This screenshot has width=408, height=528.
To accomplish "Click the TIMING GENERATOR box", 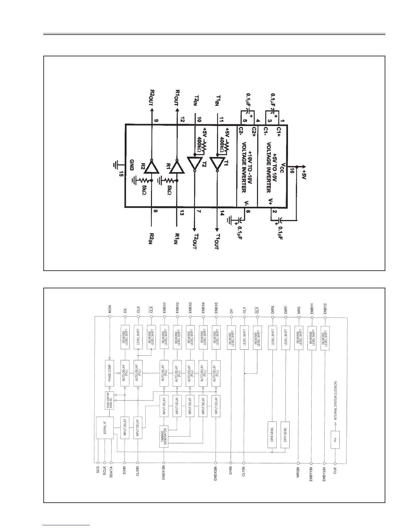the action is (163, 437).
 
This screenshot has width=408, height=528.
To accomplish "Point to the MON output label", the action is (110, 309).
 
